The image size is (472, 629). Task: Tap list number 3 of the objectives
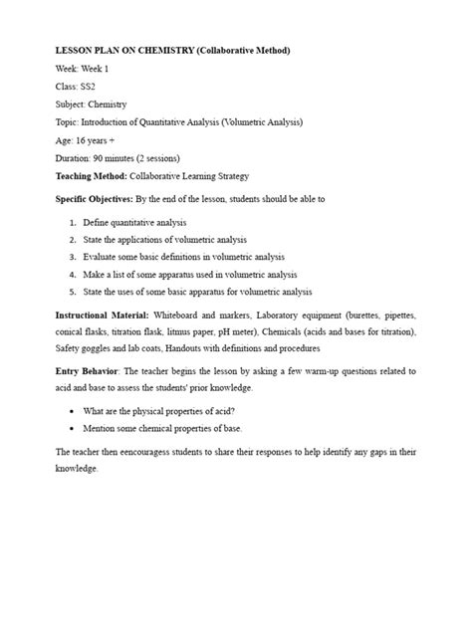[73, 257]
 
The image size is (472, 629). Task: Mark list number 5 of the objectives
[73, 292]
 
